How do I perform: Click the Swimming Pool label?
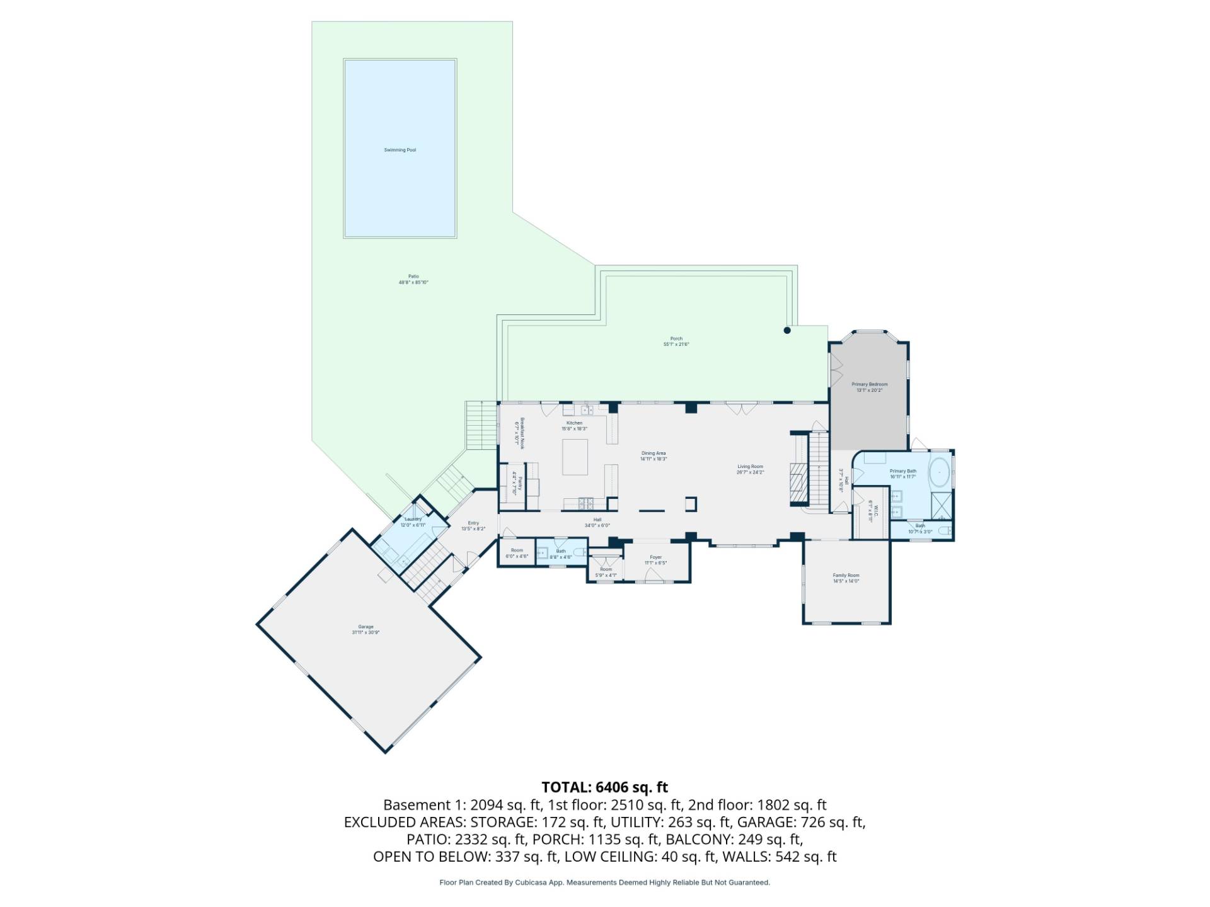click(x=400, y=150)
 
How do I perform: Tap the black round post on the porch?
click(x=786, y=330)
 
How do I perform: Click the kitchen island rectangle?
click(x=575, y=457)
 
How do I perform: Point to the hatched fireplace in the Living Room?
click(x=798, y=485)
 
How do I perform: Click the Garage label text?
click(x=366, y=627)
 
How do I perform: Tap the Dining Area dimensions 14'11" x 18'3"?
click(x=653, y=459)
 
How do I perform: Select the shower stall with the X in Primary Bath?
click(x=941, y=506)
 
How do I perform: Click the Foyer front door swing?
click(x=654, y=574)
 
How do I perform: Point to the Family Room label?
click(x=846, y=575)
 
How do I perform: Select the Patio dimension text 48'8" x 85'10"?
click(x=413, y=283)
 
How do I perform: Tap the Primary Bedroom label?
click(x=869, y=384)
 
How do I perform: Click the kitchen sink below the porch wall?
click(x=587, y=410)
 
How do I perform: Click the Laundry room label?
click(x=413, y=519)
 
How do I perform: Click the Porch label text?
click(x=676, y=339)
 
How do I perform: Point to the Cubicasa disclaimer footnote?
click(x=604, y=882)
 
